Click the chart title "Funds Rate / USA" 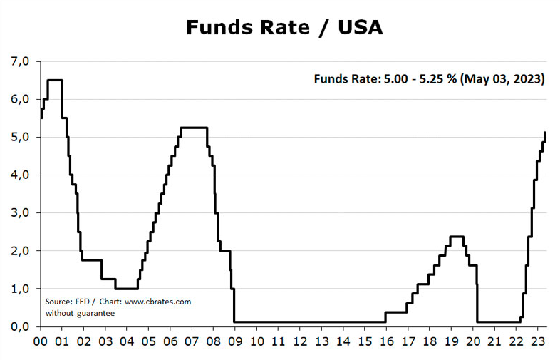(284, 27)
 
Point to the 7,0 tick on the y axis (20, 61)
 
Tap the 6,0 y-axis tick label (20, 99)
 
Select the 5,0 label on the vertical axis (20, 137)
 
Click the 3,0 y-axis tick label (20, 212)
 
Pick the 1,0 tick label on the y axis (20, 289)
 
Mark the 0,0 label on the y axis (20, 326)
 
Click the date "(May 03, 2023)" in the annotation (504, 78)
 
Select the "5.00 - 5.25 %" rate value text (420, 78)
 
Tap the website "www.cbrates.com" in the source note (158, 302)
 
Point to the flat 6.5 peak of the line (54, 80)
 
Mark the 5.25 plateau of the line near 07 (194, 128)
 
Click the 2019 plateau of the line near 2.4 (457, 237)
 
